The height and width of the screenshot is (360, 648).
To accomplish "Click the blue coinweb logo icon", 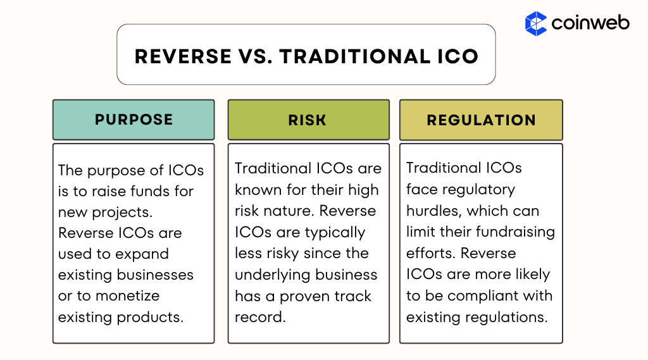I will pyautogui.click(x=536, y=23).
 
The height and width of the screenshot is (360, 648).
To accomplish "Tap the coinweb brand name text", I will pyautogui.click(x=590, y=23).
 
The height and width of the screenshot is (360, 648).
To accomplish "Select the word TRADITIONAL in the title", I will pyautogui.click(x=351, y=56).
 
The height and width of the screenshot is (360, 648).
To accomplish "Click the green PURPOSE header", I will pyautogui.click(x=134, y=120).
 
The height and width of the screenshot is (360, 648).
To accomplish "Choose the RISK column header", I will pyautogui.click(x=308, y=120).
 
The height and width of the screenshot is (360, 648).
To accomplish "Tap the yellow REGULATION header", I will pyautogui.click(x=481, y=120).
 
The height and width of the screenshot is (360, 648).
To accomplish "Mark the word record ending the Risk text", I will pyautogui.click(x=259, y=316).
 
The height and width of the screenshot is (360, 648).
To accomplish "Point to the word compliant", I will pyautogui.click(x=472, y=295).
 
